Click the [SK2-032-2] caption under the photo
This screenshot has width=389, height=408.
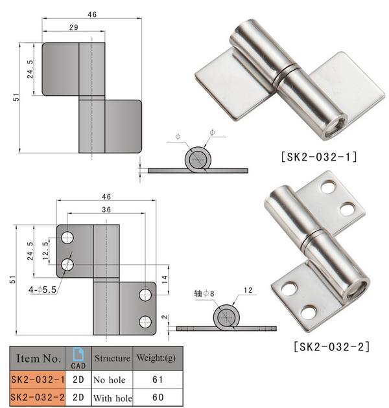click(331, 346)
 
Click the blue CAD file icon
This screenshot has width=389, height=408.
click(78, 353)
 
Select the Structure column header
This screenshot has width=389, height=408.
click(112, 357)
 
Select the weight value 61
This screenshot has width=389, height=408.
click(156, 380)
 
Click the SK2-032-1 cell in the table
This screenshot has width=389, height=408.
click(38, 380)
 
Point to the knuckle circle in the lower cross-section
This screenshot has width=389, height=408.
click(226, 316)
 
